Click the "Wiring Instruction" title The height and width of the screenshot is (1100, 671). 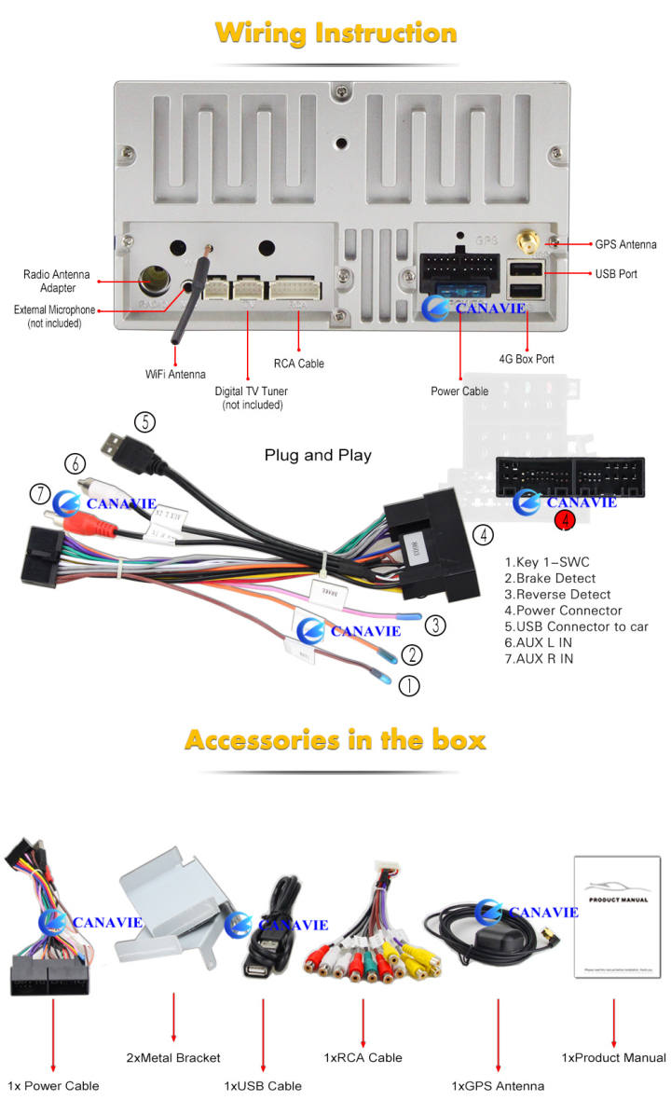coord(335,34)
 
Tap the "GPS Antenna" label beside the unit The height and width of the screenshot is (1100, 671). coord(625,244)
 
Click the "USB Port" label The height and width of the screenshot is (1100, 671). coord(616,274)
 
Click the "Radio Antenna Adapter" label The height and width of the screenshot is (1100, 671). coord(57,281)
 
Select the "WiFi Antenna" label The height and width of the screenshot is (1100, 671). coord(175,375)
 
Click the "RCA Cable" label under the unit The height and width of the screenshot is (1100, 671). coord(298,364)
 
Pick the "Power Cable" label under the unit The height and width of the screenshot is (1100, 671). coord(459,392)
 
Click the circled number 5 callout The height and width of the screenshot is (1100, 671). coord(144,421)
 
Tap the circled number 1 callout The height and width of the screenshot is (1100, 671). coord(409,686)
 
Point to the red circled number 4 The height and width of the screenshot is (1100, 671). coord(565,521)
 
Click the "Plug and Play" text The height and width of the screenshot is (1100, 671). coord(318,456)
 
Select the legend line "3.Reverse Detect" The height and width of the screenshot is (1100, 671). coord(557,595)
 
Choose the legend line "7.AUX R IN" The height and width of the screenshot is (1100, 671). coord(539,659)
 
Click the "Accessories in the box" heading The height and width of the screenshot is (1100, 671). coord(335,740)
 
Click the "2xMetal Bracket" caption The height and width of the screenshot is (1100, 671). coord(173,1057)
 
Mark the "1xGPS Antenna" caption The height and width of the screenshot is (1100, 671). coord(498,1085)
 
